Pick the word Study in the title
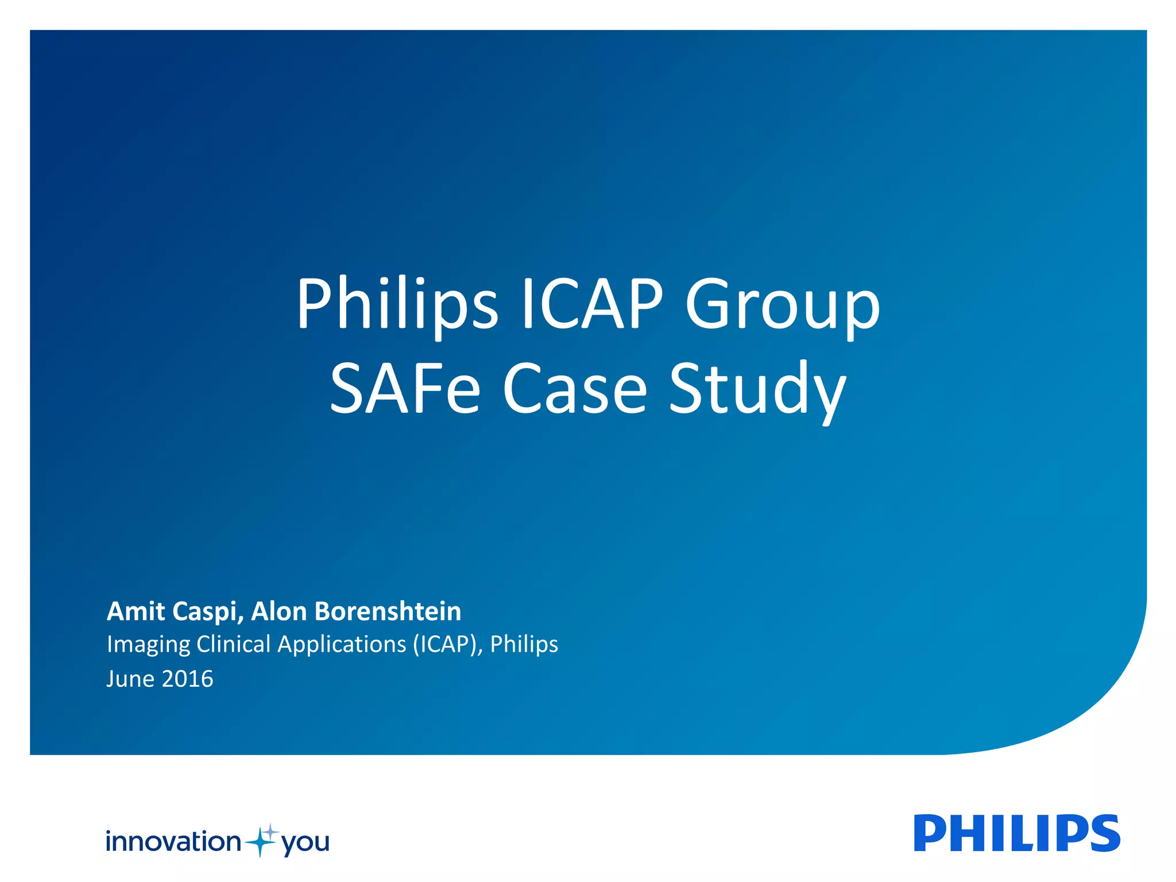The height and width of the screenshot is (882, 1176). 757,389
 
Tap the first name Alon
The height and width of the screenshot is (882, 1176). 278,611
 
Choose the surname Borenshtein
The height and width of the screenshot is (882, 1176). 388,611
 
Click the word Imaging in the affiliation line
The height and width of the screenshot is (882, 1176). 148,645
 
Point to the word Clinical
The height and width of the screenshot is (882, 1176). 233,644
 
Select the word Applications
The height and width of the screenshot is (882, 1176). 342,645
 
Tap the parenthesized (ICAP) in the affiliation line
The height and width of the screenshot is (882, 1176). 447,645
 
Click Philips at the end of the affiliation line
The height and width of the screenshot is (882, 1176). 524,645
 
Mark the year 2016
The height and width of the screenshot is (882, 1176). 187,679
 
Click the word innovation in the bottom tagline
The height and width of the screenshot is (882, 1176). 173,842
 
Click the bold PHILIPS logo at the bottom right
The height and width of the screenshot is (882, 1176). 1016,833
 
